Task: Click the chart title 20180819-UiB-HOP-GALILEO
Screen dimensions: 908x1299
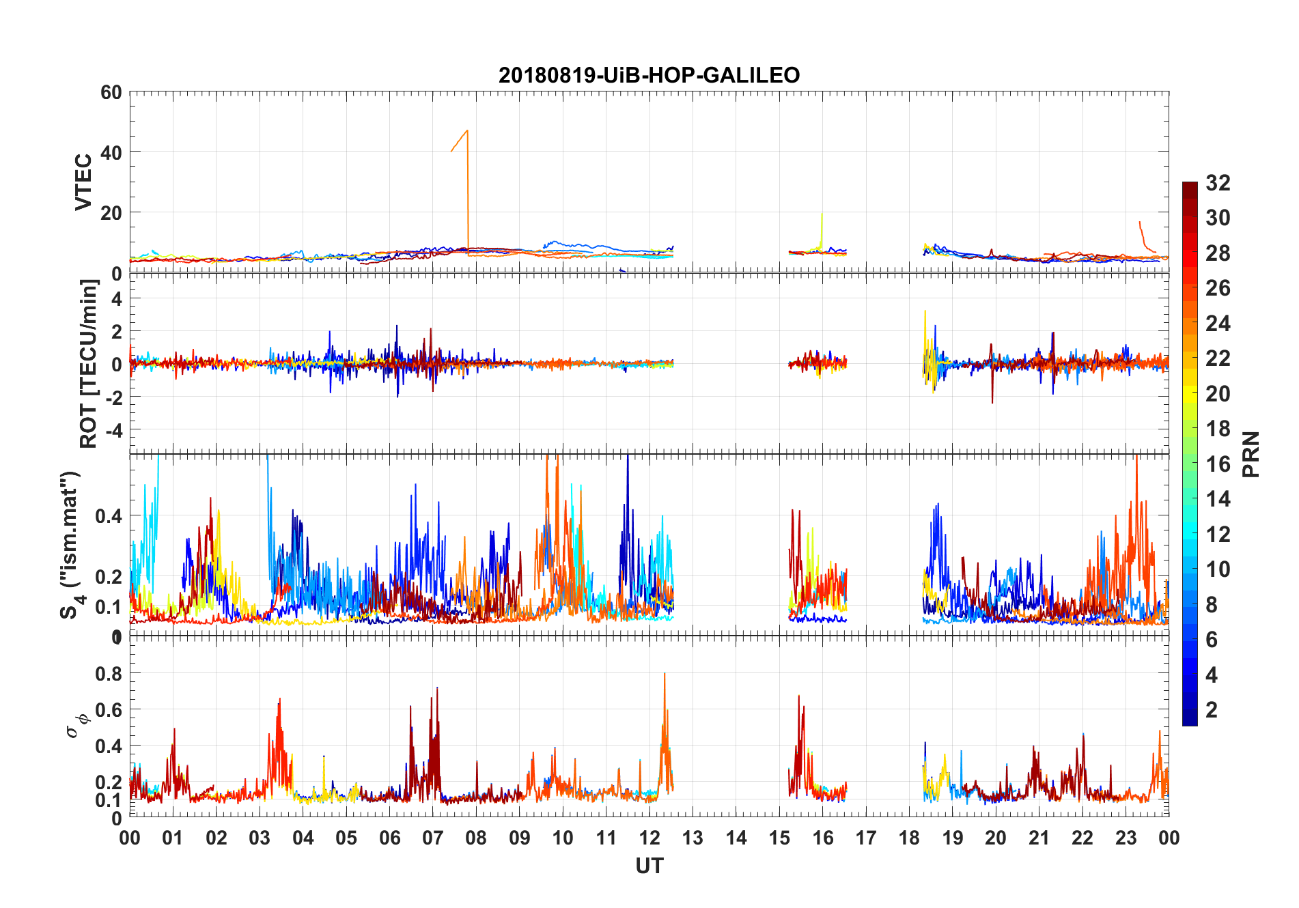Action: (649, 75)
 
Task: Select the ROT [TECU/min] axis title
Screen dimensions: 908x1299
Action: (89, 363)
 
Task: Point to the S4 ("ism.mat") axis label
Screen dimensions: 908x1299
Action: (70, 545)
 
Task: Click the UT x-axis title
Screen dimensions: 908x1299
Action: (649, 866)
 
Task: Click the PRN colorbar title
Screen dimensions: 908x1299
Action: (1251, 454)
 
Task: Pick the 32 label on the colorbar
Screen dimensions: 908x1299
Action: (1218, 183)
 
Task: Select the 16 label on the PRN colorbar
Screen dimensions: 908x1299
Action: (1218, 464)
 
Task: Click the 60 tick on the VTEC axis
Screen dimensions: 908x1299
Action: (111, 92)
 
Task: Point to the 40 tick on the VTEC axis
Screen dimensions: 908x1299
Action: (111, 152)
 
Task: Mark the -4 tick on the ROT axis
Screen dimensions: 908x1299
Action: (114, 430)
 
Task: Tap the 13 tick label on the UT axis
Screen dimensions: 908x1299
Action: (693, 838)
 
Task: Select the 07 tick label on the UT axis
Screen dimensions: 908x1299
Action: (433, 838)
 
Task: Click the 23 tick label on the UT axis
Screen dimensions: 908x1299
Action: (1126, 838)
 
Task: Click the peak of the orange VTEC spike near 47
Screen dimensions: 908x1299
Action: (467, 130)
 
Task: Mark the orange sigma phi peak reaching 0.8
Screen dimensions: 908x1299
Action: (665, 674)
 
